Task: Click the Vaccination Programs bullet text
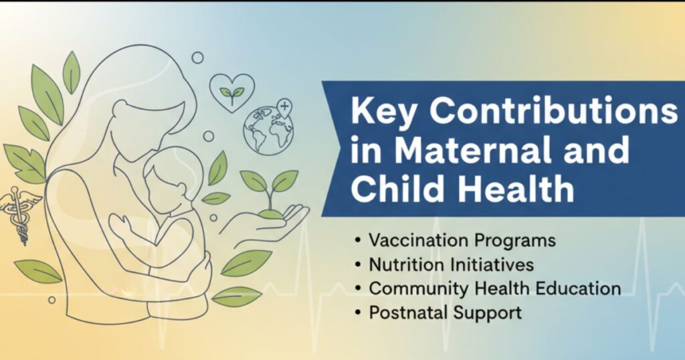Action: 462,240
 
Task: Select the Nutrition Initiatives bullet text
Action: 452,264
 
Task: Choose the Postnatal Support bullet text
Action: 445,312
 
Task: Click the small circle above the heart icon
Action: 197,58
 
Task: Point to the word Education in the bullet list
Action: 579,288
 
